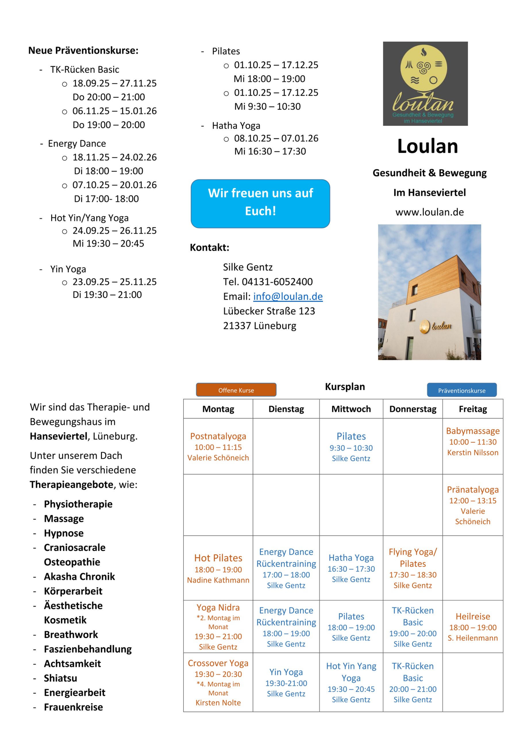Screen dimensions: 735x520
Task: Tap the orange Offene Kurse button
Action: coord(236,390)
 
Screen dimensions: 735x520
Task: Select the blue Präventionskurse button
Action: coord(461,390)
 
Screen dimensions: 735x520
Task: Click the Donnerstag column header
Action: coord(413,409)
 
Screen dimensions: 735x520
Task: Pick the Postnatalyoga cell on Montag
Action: coord(218,446)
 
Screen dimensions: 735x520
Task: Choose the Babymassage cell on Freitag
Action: coord(473,442)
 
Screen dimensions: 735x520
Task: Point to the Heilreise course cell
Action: coord(473,627)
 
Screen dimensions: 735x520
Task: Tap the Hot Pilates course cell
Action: coord(218,568)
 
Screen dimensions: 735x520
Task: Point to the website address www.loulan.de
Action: coord(429,212)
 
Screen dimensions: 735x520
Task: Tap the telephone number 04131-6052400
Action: coord(277,282)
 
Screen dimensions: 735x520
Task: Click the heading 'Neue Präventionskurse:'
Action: coord(83,50)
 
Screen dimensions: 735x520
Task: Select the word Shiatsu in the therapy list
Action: coord(61,678)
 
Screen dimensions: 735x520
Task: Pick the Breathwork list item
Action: coord(71,635)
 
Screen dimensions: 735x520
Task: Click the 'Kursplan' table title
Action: coord(345,386)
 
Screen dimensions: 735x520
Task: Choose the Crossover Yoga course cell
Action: coord(218,682)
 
